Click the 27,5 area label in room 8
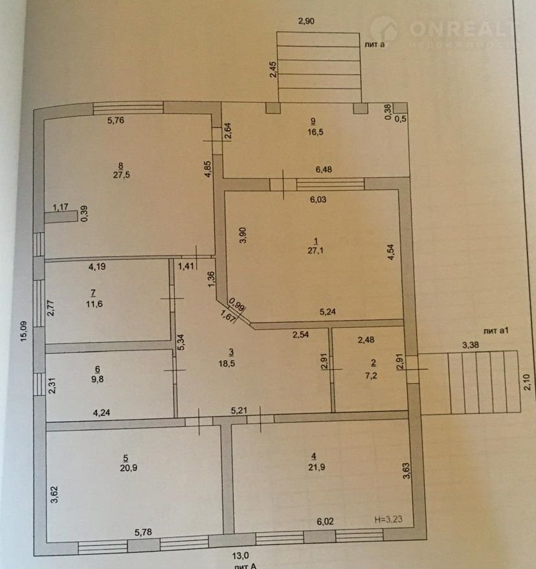coord(121,175)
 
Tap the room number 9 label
coord(313,121)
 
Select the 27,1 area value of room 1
coord(315,250)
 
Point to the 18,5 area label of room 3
coord(227,363)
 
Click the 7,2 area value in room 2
coord(371,376)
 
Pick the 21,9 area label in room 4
coord(317,467)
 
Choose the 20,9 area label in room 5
coord(129,468)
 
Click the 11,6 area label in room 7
coord(94,304)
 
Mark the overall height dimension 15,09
coord(23,331)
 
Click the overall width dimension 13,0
coord(241,555)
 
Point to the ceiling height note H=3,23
coord(388,519)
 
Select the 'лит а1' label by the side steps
coord(496,330)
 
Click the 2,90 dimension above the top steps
coord(306,21)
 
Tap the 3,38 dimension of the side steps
coord(471,345)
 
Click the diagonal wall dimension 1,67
coord(229,314)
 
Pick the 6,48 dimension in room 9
coord(324,169)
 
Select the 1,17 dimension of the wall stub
coord(60,207)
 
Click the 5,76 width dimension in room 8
coord(116,120)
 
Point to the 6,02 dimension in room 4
coord(325,521)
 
